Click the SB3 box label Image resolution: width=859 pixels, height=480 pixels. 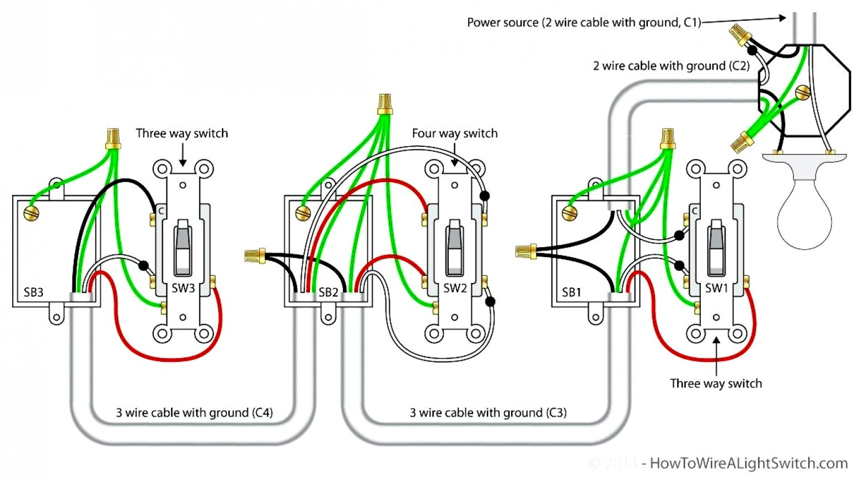click(34, 292)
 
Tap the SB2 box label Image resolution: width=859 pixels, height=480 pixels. click(328, 292)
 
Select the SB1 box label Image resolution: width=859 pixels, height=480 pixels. click(571, 292)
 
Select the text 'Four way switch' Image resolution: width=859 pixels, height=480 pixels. click(454, 134)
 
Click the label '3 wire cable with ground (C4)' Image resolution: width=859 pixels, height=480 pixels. click(194, 413)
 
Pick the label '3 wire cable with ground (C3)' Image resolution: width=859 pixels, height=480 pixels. click(488, 413)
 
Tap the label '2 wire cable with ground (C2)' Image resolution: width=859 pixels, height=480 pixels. click(671, 66)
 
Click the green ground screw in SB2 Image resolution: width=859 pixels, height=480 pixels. click(303, 213)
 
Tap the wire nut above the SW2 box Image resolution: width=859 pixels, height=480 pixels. click(385, 104)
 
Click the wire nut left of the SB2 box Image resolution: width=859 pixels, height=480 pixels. click(255, 255)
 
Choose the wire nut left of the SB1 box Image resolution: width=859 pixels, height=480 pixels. click(526, 252)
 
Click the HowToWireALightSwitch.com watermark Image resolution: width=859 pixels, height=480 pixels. click(748, 463)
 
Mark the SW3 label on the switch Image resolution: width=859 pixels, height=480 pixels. click(183, 288)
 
